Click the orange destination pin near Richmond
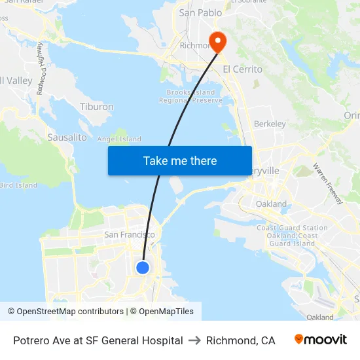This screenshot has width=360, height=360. [214, 41]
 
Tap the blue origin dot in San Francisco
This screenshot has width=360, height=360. [143, 267]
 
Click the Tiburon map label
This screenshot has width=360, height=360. [96, 107]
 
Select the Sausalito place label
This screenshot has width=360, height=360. [67, 137]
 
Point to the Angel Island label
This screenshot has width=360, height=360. [119, 139]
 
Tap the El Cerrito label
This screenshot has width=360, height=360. [242, 69]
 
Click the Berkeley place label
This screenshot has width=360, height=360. [270, 124]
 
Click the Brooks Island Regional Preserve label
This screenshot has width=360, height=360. [190, 97]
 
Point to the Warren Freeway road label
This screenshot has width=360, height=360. [327, 184]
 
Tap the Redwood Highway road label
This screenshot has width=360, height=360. [40, 69]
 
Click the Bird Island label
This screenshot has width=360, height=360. [18, 185]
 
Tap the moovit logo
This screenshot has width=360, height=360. [321, 340]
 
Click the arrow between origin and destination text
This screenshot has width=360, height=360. [194, 340]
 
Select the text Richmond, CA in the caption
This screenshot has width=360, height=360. [240, 340]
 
